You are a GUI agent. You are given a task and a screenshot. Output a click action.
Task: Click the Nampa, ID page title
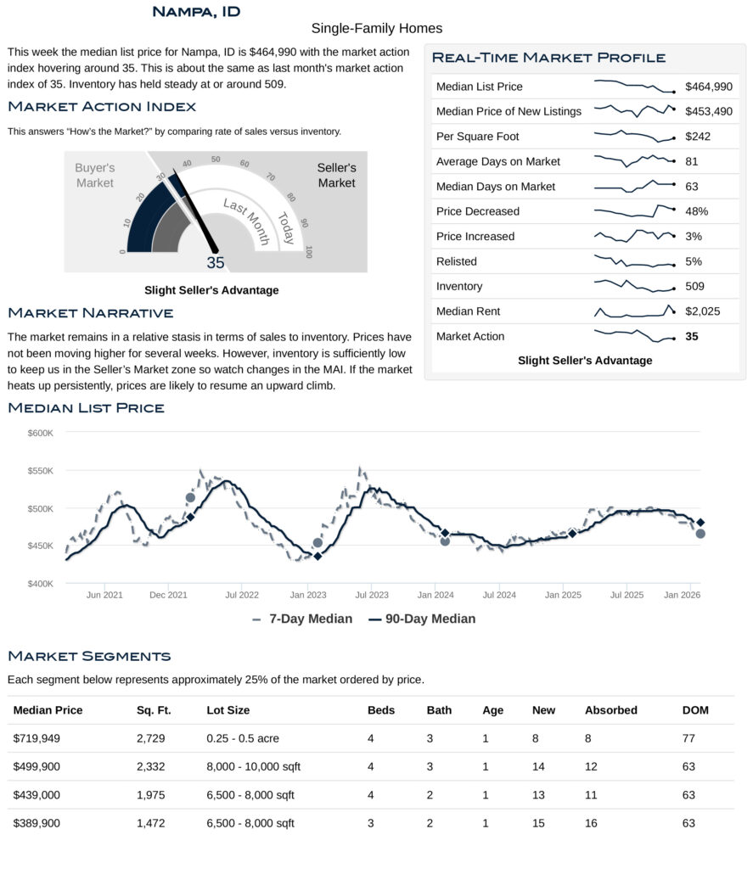(195, 11)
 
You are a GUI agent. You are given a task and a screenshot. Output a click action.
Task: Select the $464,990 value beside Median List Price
(709, 87)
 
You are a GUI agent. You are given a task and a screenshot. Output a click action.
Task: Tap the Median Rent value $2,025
(703, 311)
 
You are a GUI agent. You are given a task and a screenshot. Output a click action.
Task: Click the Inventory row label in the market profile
(459, 287)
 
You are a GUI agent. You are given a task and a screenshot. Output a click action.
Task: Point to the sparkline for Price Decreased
(634, 210)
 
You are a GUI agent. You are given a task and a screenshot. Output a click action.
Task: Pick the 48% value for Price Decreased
(697, 211)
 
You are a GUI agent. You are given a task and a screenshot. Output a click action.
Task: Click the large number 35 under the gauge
(216, 262)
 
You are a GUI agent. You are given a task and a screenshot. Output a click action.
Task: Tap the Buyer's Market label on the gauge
(94, 176)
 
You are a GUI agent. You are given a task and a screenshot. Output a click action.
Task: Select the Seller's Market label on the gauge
(337, 176)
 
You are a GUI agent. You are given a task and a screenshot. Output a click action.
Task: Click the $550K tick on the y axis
(40, 471)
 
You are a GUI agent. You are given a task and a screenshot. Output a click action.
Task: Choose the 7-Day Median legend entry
(302, 619)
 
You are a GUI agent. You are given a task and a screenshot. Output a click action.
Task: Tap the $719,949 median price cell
(37, 738)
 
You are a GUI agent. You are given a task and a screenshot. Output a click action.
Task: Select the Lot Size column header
(228, 710)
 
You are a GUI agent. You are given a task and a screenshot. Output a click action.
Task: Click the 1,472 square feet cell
(150, 823)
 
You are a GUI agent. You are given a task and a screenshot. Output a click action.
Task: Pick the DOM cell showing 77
(688, 738)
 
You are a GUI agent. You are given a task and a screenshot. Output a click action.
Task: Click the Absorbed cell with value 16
(592, 823)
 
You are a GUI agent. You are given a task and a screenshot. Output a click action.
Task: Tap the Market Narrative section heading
(91, 314)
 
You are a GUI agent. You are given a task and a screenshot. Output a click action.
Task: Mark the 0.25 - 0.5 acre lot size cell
(243, 738)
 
